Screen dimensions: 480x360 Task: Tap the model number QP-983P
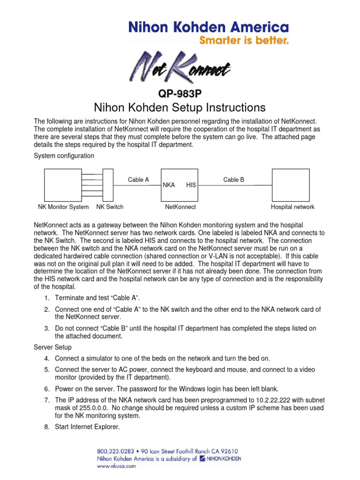pos(180,94)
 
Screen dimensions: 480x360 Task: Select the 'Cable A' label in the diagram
pos(138,180)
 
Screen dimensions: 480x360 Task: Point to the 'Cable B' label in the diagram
pos(233,180)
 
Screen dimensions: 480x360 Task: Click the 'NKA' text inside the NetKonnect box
pos(169,185)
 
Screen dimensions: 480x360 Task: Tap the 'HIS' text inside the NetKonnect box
pos(191,185)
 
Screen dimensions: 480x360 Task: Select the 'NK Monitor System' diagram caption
pos(63,207)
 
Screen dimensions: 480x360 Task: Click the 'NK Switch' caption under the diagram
pos(110,207)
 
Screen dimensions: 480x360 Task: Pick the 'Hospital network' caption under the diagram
pos(292,207)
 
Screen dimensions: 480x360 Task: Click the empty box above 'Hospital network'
pos(291,185)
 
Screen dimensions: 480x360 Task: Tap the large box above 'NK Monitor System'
pos(63,185)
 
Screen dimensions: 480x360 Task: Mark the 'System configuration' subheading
pos(64,156)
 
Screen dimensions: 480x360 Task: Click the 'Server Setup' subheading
pos(52,347)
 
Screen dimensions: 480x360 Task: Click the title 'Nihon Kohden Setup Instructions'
pos(180,108)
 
